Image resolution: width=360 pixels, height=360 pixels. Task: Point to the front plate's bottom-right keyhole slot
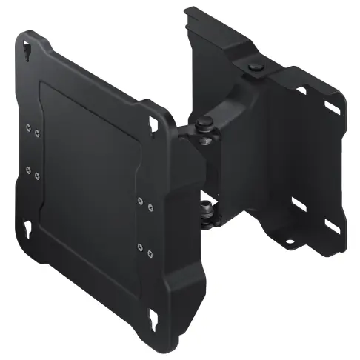click(156, 321)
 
